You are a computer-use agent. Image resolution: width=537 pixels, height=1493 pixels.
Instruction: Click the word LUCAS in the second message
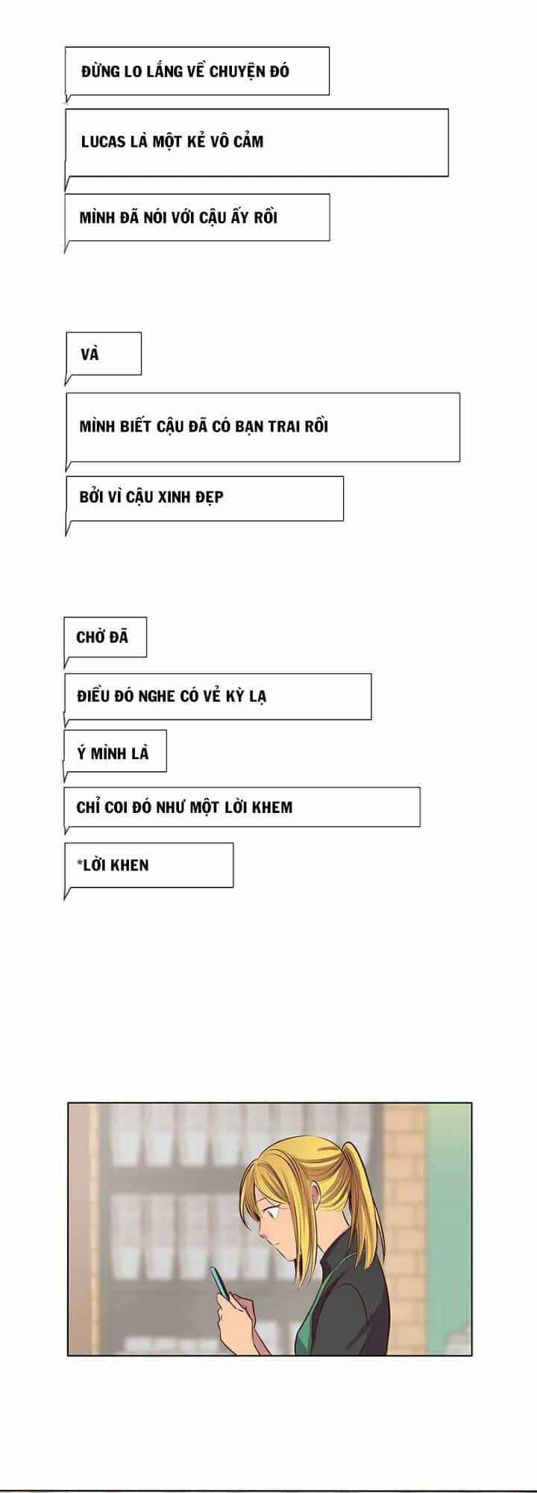pos(103,142)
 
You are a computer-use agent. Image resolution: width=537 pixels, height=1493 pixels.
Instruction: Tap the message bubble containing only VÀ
pos(104,354)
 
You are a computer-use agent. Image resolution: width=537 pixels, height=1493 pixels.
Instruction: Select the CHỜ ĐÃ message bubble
pos(105,638)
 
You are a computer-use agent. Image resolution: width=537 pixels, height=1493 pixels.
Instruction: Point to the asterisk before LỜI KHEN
pos(79,863)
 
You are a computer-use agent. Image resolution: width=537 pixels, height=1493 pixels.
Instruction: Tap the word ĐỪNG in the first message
pos(101,72)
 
